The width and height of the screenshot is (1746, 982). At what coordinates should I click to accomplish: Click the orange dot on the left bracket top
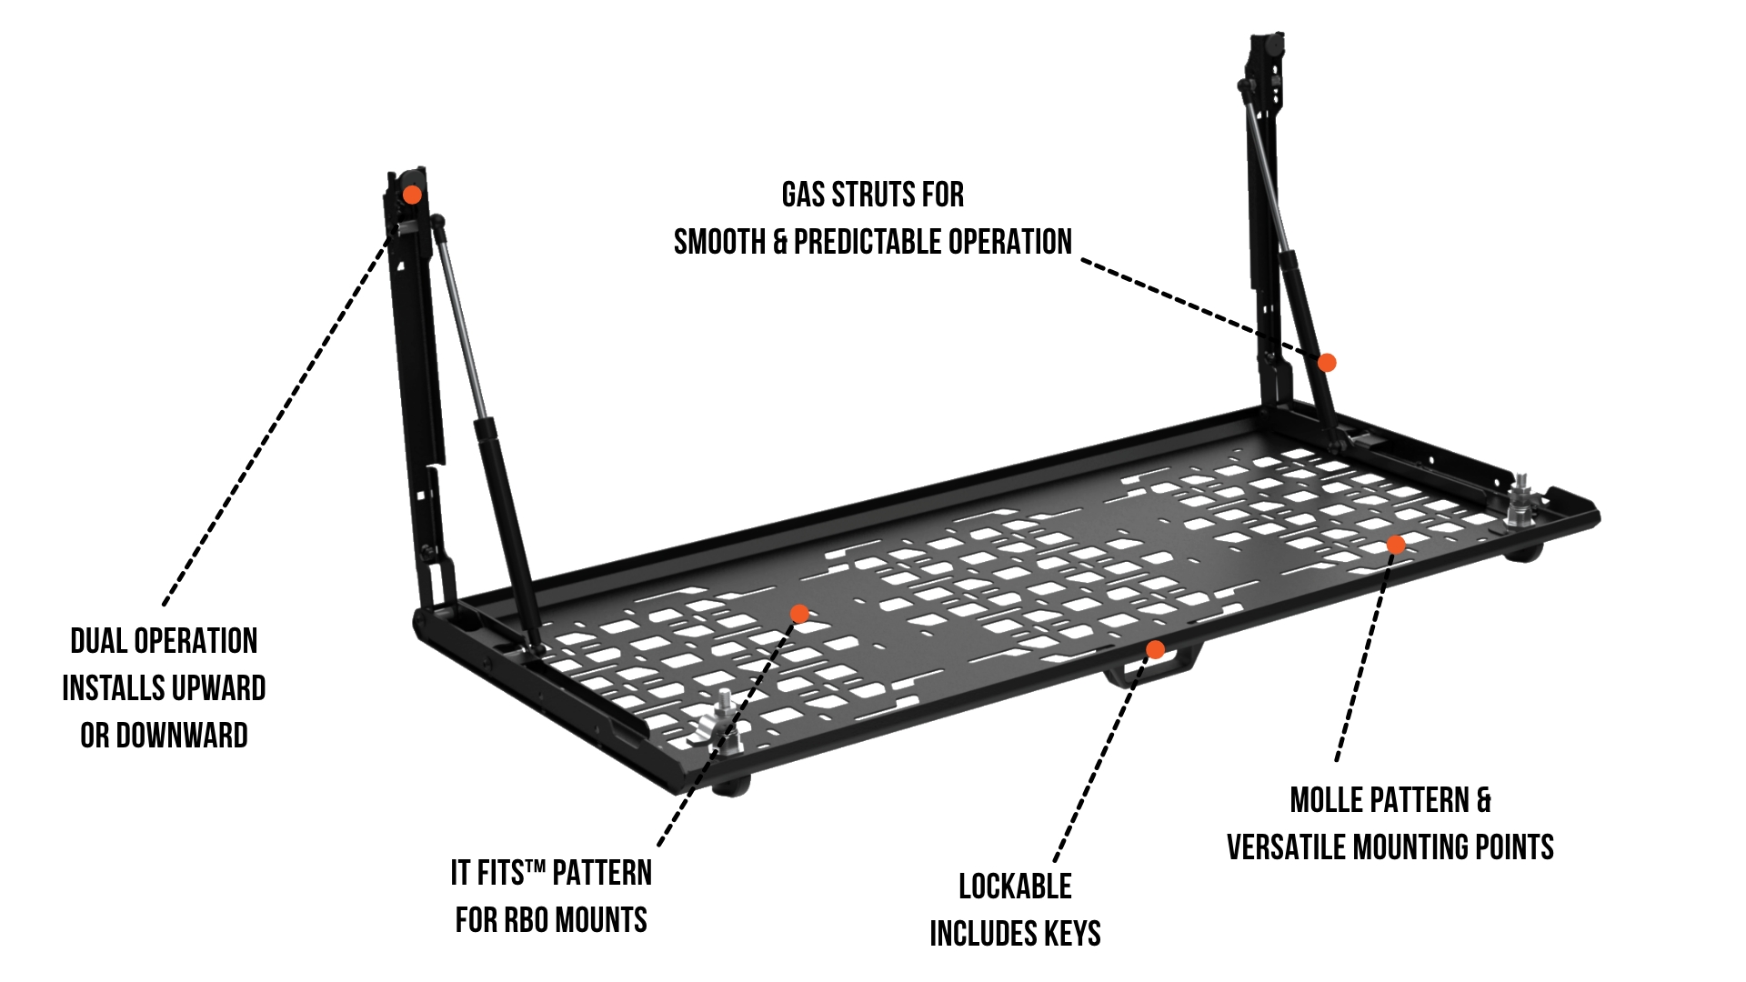(x=412, y=195)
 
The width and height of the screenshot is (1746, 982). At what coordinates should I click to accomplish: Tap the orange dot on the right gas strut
(x=1327, y=363)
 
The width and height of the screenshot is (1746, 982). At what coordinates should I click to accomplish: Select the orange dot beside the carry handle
(x=1155, y=649)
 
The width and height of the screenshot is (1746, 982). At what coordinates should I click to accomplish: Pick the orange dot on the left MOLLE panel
(x=799, y=614)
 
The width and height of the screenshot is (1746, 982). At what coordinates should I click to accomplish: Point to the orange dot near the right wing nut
(x=1395, y=545)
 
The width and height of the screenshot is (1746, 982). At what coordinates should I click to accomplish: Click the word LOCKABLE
(x=1015, y=887)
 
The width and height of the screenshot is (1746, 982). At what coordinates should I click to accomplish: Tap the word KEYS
(x=1071, y=934)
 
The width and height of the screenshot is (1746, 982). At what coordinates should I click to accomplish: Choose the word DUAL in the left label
(x=97, y=641)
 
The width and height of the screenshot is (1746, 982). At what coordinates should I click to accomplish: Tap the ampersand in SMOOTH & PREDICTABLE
(x=779, y=242)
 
